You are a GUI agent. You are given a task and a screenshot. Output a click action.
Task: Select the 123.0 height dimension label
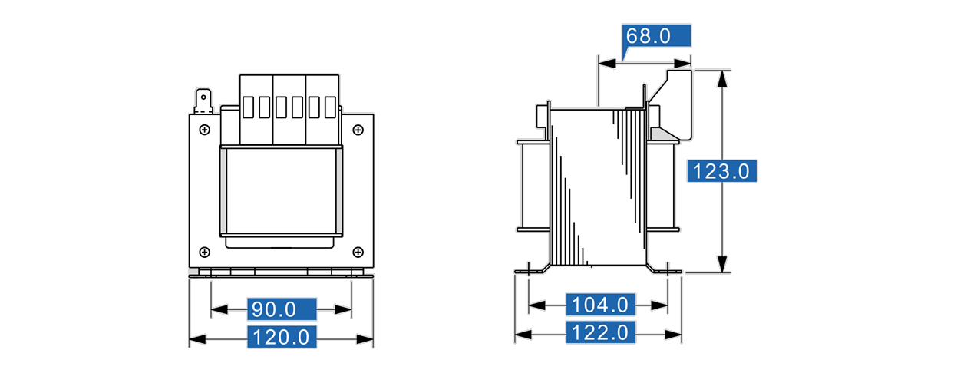pyautogui.click(x=721, y=171)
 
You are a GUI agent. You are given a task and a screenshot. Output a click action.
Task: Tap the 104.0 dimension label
pyautogui.click(x=600, y=305)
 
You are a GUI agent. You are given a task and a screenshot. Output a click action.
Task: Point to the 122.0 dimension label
pyautogui.click(x=600, y=332)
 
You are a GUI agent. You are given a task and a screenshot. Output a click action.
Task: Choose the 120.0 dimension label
pyautogui.click(x=282, y=337)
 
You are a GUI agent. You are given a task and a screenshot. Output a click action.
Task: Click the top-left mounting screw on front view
pyautogui.click(x=205, y=130)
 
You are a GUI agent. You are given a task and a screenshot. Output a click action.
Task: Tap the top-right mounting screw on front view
pyautogui.click(x=358, y=130)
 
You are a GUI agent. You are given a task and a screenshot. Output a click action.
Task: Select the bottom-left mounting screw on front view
pyautogui.click(x=205, y=252)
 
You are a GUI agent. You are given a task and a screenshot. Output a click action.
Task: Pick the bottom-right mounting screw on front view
pyautogui.click(x=358, y=252)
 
